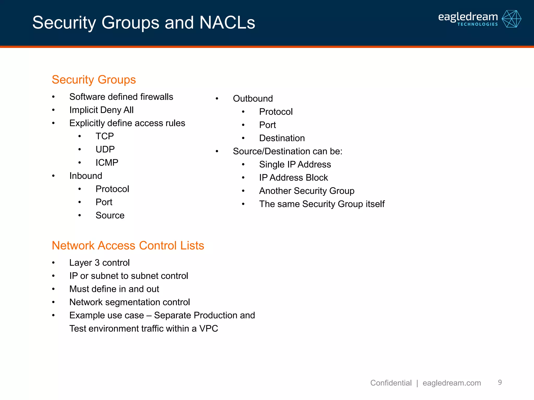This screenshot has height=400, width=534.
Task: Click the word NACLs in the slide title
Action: click(227, 23)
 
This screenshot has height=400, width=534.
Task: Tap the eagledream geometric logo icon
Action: click(511, 19)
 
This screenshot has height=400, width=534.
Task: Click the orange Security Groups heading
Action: click(94, 80)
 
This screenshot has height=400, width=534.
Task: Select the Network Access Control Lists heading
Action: click(128, 246)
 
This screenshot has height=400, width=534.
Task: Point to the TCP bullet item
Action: click(105, 136)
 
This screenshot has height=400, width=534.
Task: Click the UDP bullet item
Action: click(105, 149)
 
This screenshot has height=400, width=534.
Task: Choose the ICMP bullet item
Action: click(107, 163)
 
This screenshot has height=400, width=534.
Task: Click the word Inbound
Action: click(86, 176)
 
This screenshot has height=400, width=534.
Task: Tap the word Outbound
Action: click(253, 99)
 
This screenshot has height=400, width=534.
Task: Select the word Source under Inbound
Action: click(110, 215)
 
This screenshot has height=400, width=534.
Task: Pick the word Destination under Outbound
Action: click(282, 138)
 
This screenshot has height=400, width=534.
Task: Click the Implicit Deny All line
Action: click(101, 110)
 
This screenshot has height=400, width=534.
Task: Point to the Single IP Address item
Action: click(295, 165)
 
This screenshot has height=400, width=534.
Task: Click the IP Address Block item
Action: click(293, 178)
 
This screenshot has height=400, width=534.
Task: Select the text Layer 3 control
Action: click(99, 263)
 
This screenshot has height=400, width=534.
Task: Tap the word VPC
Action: click(209, 329)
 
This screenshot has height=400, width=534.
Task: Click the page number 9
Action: click(500, 382)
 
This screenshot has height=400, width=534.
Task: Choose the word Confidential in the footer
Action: click(391, 383)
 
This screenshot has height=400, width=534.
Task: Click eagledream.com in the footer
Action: click(452, 383)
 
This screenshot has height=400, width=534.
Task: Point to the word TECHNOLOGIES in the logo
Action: click(477, 24)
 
